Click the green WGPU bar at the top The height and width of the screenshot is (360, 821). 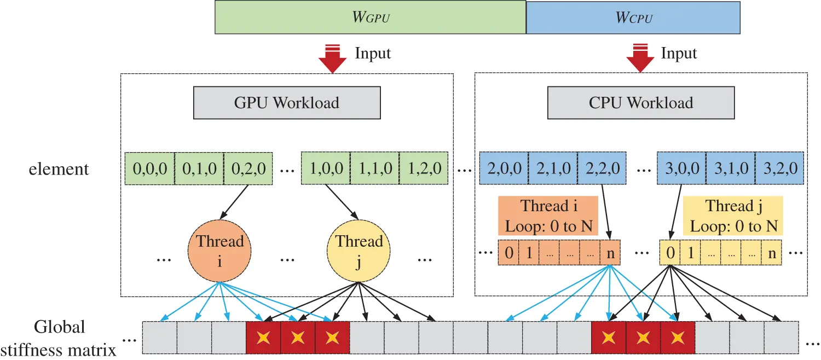click(x=370, y=18)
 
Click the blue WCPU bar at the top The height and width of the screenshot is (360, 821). click(x=633, y=18)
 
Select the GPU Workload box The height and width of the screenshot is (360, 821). click(x=287, y=102)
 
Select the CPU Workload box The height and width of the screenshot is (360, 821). click(x=641, y=102)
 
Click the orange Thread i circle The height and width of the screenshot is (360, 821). click(x=219, y=251)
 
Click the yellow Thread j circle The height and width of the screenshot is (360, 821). click(x=359, y=251)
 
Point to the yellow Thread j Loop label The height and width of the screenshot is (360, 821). click(x=733, y=216)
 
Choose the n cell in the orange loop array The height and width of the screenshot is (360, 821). click(x=610, y=253)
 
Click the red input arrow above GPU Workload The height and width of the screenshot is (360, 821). click(x=332, y=60)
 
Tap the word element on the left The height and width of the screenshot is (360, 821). click(x=59, y=169)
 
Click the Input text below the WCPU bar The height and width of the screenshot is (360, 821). click(x=679, y=54)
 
